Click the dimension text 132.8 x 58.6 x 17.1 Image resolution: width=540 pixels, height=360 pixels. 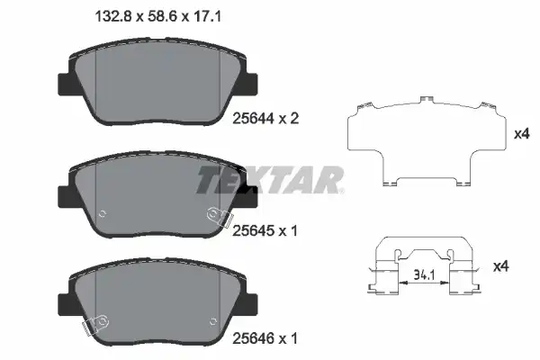[x=157, y=16]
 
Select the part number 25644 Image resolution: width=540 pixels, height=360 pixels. [x=254, y=119]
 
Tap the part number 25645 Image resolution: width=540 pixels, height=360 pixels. [x=253, y=230]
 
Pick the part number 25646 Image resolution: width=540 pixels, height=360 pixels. [x=253, y=338]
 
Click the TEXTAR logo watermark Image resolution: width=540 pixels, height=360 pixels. [x=270, y=180]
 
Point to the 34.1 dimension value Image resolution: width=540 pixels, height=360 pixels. [x=424, y=274]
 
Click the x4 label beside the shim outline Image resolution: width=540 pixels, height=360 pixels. [x=521, y=134]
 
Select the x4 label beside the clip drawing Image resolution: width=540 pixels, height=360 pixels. [x=501, y=266]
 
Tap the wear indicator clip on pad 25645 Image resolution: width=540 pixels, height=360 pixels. [x=220, y=217]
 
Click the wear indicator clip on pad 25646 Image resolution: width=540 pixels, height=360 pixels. [x=95, y=324]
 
